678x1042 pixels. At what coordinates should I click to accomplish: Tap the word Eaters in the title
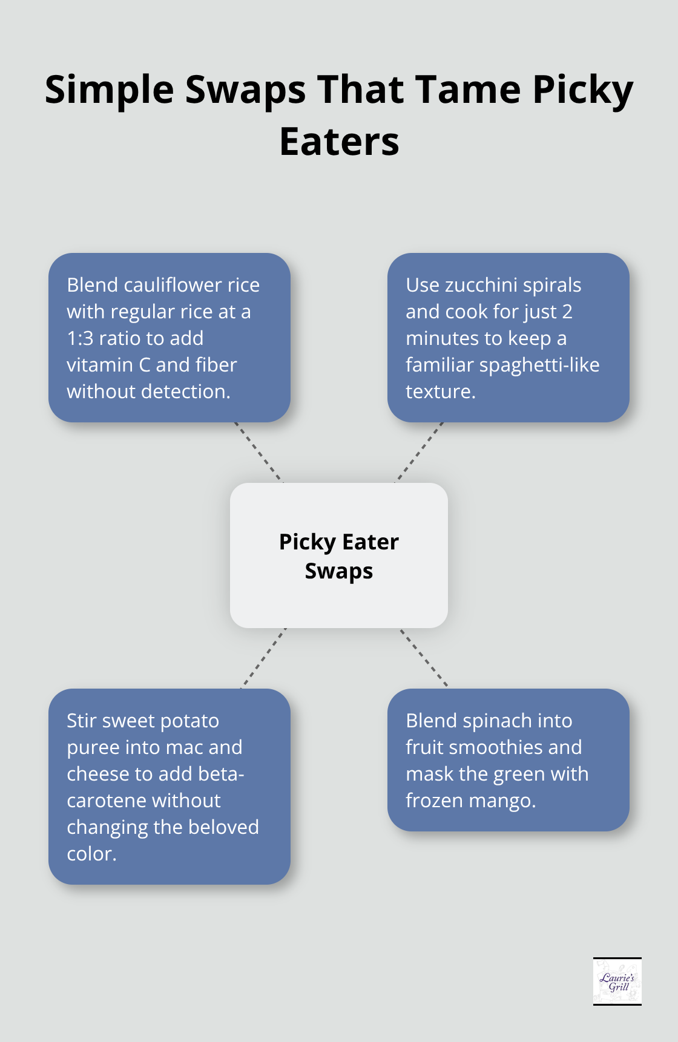point(339,142)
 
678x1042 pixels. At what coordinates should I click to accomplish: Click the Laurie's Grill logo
point(617,981)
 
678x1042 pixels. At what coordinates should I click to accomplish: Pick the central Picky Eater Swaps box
point(339,555)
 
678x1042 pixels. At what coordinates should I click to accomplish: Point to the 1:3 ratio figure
point(81,338)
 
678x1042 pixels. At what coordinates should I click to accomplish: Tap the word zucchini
point(483,285)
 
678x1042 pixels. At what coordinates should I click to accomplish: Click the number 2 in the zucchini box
point(567,312)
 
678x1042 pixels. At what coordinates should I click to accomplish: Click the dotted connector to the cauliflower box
point(258,452)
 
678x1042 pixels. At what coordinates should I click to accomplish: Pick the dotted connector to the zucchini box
point(420,452)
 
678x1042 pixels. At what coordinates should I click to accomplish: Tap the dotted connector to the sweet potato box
point(263,658)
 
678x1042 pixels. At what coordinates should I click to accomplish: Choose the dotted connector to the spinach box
point(423,657)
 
